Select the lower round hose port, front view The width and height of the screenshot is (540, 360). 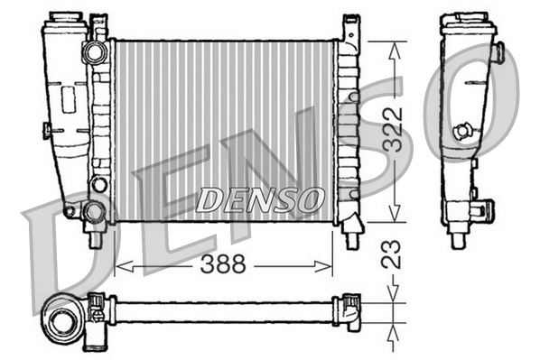pos(94,212)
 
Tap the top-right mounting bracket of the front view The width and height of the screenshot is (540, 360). pos(349,29)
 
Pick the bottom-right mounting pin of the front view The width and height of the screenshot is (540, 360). pos(349,236)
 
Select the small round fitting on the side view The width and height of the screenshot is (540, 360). pos(462,131)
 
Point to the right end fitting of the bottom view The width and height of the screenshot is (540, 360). pos(349,309)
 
